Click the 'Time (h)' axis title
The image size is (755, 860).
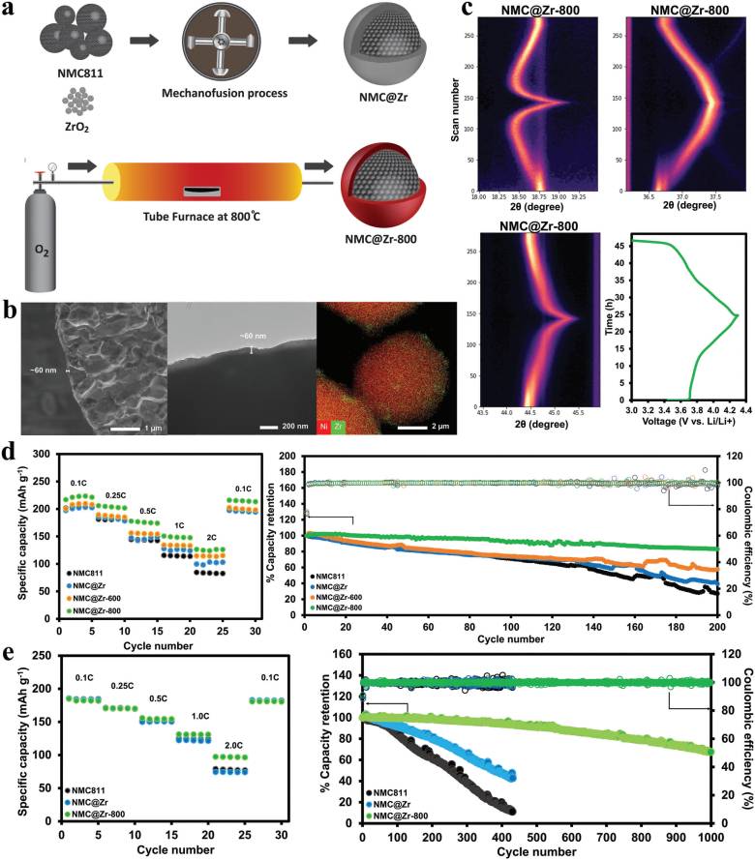(x=605, y=315)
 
